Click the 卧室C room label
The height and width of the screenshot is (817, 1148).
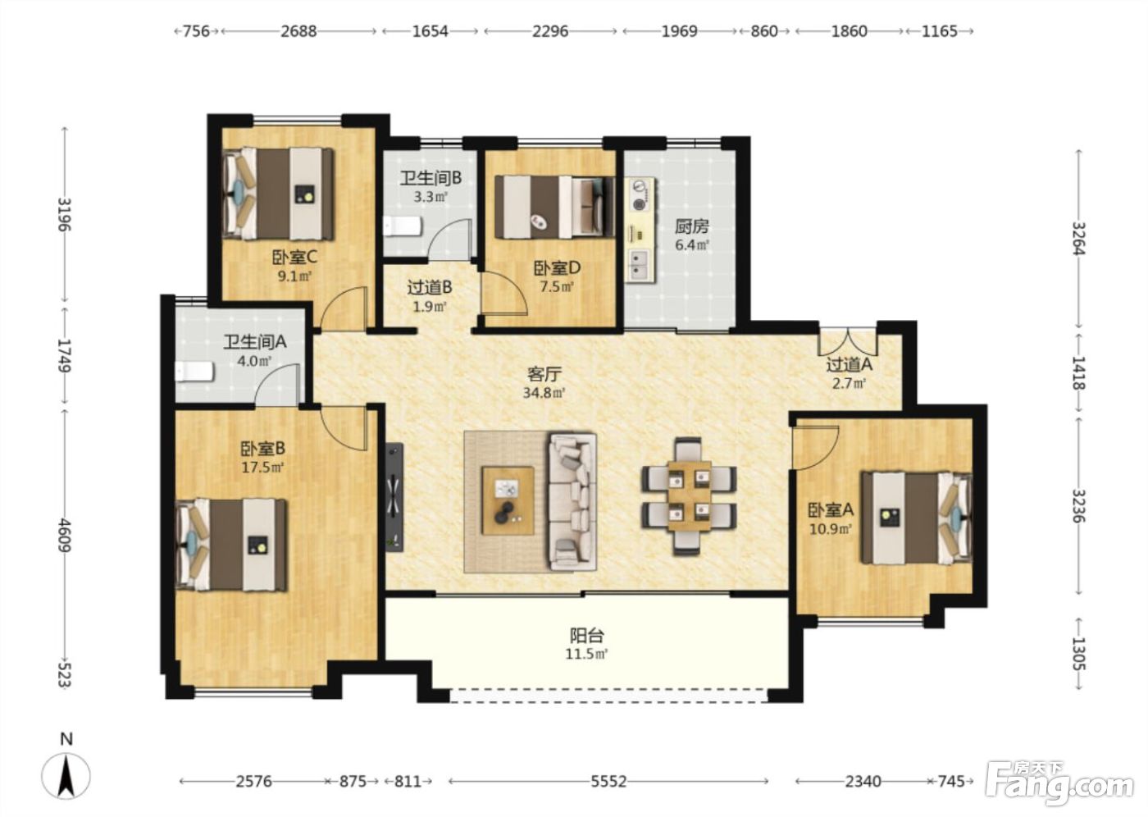(x=294, y=257)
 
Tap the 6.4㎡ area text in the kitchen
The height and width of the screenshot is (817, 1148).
(x=691, y=245)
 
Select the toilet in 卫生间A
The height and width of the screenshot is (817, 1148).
(x=194, y=372)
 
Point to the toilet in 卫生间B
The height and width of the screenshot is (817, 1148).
(x=403, y=226)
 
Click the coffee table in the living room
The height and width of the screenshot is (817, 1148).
(x=508, y=500)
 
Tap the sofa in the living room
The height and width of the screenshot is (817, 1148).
(x=572, y=502)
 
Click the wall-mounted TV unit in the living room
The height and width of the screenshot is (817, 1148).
(x=394, y=497)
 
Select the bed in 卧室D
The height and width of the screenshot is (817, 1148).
(x=554, y=208)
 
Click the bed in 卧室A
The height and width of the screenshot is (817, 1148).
(x=917, y=518)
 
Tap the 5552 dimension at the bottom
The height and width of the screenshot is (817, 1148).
(x=608, y=781)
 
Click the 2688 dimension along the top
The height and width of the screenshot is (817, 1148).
(x=298, y=31)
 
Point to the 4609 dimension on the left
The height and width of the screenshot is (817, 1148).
(x=65, y=536)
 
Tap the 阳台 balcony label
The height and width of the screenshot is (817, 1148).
(x=587, y=636)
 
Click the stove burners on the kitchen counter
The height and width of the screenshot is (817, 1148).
(x=639, y=196)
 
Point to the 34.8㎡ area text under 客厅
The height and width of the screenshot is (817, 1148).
(x=544, y=393)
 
